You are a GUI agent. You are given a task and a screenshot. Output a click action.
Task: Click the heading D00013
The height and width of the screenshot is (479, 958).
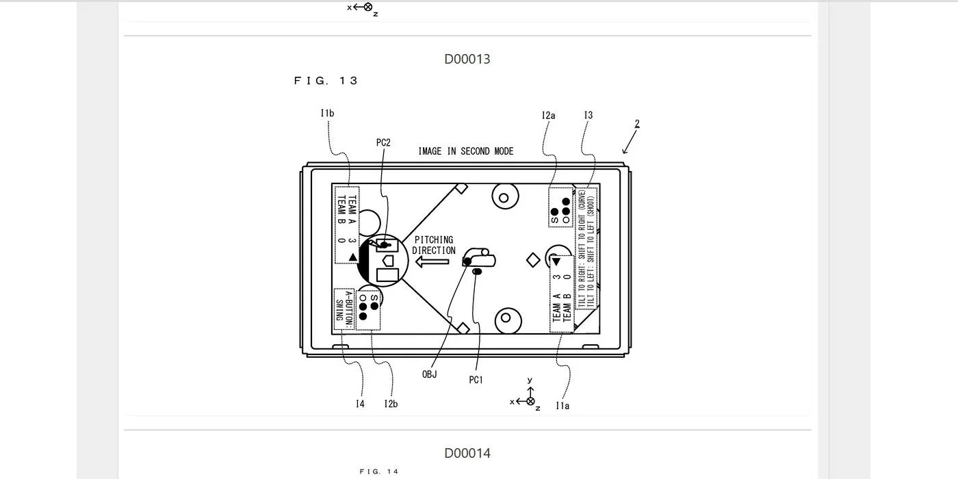tap(467, 59)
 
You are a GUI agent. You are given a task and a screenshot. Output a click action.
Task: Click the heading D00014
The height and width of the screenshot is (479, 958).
tap(467, 453)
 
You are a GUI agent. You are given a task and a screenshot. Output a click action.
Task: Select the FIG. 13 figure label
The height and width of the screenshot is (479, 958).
tap(326, 81)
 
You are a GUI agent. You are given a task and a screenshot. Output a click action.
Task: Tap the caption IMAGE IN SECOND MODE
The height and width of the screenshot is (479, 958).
tap(466, 151)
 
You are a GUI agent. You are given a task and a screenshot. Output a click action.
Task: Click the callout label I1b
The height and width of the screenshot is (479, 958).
tap(327, 114)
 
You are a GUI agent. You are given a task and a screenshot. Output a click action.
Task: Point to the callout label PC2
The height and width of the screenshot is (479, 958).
tap(383, 143)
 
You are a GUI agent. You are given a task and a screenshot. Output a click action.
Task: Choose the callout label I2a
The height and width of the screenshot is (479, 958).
tap(548, 116)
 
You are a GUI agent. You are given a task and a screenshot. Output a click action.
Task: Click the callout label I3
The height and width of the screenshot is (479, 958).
tap(588, 116)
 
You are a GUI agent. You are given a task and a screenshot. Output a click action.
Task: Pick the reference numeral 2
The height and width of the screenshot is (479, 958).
tap(637, 125)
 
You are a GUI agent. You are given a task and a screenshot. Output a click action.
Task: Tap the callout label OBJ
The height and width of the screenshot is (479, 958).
tap(429, 374)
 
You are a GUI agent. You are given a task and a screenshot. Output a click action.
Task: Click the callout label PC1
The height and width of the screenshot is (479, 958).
tap(476, 380)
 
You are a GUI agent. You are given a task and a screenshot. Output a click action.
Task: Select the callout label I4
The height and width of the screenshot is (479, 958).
tap(360, 404)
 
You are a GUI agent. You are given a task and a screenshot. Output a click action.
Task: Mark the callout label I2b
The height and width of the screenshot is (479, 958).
tap(391, 404)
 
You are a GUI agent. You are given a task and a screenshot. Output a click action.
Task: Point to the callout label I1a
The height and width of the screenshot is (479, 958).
tap(562, 406)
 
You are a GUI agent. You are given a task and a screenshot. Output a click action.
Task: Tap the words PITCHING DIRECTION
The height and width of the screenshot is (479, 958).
tap(434, 245)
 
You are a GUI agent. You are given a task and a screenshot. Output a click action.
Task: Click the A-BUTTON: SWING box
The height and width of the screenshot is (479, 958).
tap(344, 310)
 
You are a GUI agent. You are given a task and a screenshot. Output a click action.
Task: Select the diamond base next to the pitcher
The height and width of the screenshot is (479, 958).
tap(533, 260)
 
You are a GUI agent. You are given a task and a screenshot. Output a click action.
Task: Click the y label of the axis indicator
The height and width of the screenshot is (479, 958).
tap(530, 380)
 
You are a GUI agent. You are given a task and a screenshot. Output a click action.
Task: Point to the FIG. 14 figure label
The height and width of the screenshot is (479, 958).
tap(379, 471)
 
